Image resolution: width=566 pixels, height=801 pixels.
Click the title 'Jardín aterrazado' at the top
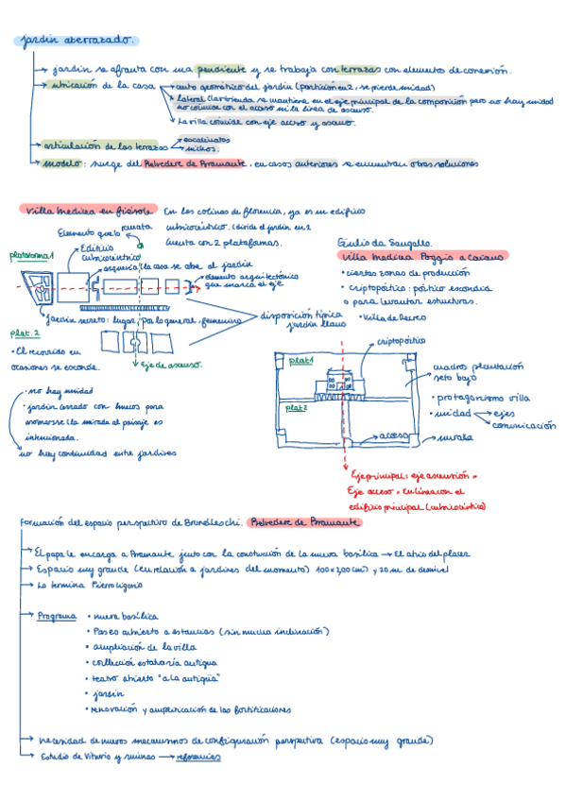[77, 41]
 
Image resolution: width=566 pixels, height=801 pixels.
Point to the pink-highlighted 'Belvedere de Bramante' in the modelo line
[195, 163]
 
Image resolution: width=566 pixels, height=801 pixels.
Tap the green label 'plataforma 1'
[32, 256]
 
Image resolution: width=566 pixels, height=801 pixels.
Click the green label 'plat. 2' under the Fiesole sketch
[25, 333]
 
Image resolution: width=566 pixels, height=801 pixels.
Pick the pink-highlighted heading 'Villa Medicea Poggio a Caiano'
[421, 257]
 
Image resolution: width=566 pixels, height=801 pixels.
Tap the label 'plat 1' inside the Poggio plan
[300, 361]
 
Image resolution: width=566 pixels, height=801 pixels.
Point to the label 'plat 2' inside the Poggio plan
[298, 406]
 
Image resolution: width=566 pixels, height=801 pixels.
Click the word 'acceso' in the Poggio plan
[389, 435]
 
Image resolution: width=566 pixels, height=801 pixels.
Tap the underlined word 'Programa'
[58, 615]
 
